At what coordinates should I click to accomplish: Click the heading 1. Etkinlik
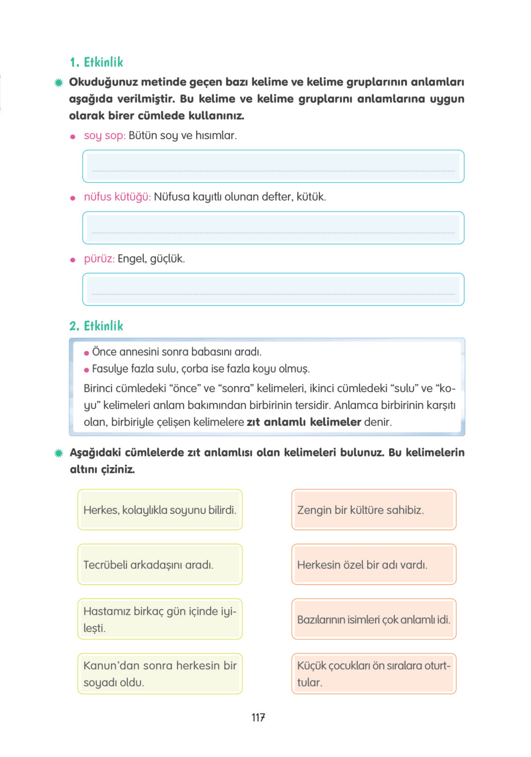[x=96, y=62]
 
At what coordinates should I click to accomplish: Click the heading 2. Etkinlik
[x=96, y=326]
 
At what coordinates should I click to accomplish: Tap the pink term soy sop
[x=105, y=136]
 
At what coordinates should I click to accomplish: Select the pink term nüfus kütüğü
[x=117, y=197]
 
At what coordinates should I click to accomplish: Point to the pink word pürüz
[x=99, y=259]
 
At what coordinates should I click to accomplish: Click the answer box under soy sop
[x=273, y=166]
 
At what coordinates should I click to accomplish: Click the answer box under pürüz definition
[x=273, y=289]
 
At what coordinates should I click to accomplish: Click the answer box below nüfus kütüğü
[x=273, y=228]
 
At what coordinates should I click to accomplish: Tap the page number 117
[x=258, y=717]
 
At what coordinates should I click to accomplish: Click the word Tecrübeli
[x=105, y=565]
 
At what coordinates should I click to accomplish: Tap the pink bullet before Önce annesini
[x=87, y=353]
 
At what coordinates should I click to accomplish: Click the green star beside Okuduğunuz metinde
[x=59, y=82]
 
